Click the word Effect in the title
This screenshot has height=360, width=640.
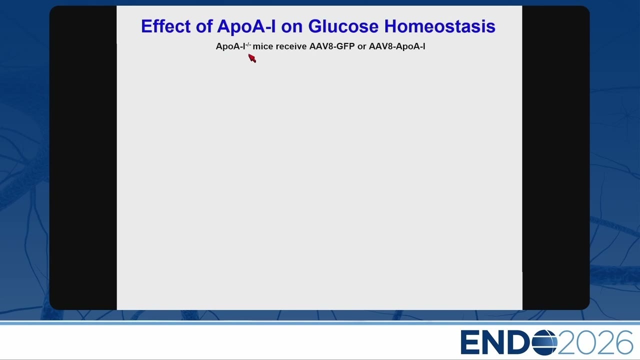tap(166, 26)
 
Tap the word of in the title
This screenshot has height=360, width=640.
tap(204, 26)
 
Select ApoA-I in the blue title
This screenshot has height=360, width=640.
tap(246, 27)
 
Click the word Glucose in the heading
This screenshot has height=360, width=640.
tap(343, 26)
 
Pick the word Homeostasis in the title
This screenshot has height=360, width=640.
tap(439, 26)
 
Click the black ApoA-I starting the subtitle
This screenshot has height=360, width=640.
tap(230, 46)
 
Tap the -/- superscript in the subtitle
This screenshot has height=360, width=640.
tap(248, 44)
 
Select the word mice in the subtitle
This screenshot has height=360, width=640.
tap(263, 46)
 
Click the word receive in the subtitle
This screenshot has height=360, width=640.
tap(291, 46)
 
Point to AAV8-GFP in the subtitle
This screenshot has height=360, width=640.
tap(332, 46)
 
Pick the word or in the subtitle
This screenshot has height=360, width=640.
tap(361, 47)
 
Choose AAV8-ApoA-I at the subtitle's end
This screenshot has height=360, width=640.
tap(397, 46)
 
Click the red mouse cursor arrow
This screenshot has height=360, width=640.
tap(252, 58)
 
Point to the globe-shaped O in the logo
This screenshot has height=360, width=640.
tap(544, 342)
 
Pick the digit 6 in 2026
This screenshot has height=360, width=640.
tap(623, 342)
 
